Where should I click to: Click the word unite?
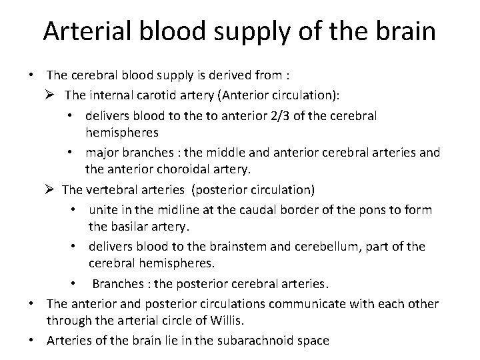tap(103, 211)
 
